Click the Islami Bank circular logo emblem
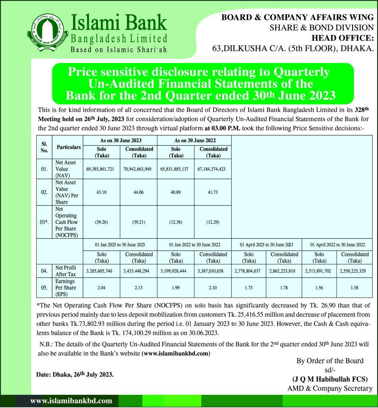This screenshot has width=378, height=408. pos(43,35)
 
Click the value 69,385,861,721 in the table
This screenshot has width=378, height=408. pos(100,169)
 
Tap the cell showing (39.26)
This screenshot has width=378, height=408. pos(100,222)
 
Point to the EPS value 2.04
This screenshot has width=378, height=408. pos(100,288)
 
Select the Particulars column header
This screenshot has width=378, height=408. pos(69,147)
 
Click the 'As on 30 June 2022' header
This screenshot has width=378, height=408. pos(194,140)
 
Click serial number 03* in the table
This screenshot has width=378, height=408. pos(44,222)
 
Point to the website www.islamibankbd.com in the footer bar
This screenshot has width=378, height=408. pos(71,401)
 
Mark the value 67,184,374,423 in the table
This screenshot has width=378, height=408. pos(212,169)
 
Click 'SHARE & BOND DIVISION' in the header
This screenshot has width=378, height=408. pos(321,28)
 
